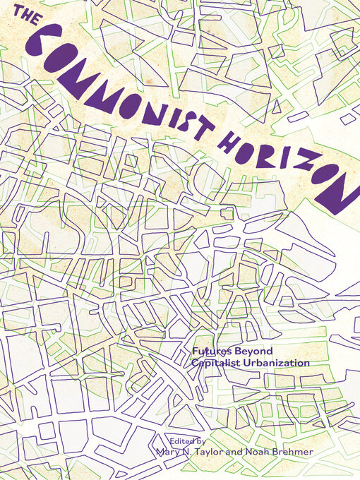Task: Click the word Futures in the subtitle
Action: point(211,351)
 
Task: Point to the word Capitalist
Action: point(217,362)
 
